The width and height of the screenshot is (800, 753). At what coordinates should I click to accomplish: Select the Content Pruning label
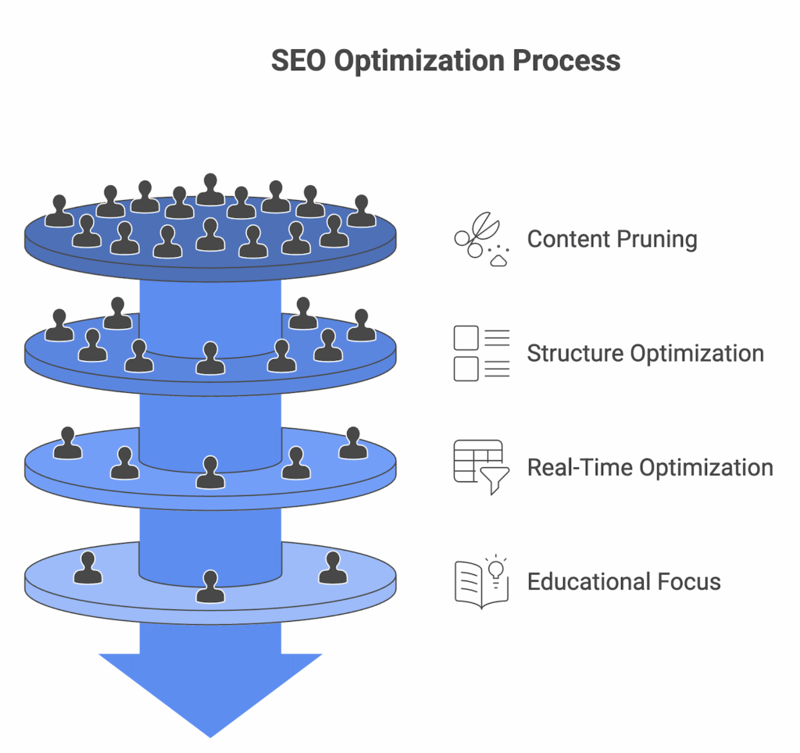click(612, 239)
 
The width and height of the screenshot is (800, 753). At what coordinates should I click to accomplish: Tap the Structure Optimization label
click(645, 353)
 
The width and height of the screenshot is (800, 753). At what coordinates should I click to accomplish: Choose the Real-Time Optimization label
click(650, 468)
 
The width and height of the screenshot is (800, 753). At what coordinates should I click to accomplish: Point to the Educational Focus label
click(623, 582)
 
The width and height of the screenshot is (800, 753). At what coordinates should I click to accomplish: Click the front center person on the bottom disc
click(210, 587)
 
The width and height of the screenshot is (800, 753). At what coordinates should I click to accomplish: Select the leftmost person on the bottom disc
click(87, 568)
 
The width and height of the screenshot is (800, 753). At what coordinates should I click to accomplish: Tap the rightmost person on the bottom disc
click(333, 568)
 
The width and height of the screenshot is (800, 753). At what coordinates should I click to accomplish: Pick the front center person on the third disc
click(210, 473)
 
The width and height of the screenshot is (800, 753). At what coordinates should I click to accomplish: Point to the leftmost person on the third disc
click(68, 444)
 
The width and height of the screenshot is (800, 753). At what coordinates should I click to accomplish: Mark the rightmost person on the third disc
click(353, 444)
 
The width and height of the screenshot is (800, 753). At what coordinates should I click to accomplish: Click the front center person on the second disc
click(210, 359)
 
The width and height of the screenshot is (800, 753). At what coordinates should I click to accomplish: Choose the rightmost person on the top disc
click(360, 211)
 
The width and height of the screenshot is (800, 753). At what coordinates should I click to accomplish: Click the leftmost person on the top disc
click(59, 211)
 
